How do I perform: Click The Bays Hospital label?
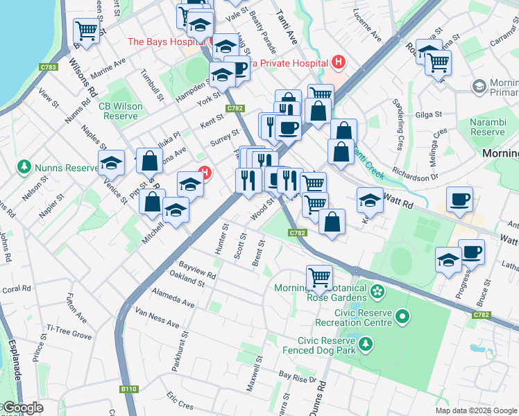(x=165, y=42)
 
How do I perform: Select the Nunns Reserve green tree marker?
(x=24, y=167)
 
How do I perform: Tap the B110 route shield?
(x=128, y=389)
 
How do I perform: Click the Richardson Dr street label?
(x=415, y=172)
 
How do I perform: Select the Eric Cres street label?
(x=180, y=400)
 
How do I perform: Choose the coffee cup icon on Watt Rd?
(x=459, y=200)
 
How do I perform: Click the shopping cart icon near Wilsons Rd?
(x=87, y=31)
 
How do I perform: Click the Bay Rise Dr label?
(x=293, y=376)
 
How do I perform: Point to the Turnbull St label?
(x=151, y=85)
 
